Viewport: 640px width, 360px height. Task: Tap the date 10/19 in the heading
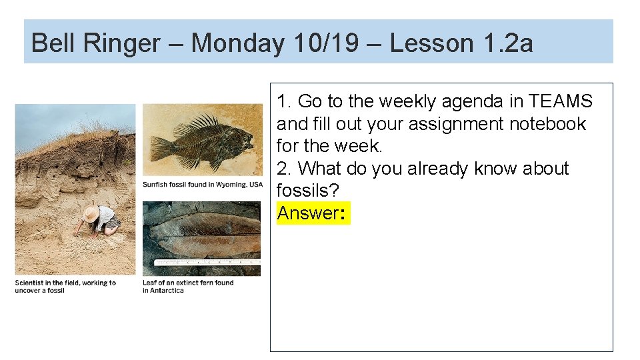pyautogui.click(x=325, y=43)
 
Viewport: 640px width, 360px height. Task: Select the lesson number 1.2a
pyautogui.click(x=507, y=43)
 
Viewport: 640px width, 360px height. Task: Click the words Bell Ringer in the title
pyautogui.click(x=95, y=43)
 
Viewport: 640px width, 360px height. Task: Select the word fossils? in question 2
pyautogui.click(x=308, y=191)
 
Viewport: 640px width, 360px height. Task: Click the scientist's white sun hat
pyautogui.click(x=91, y=213)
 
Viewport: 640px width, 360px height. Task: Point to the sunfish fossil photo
pyautogui.click(x=203, y=141)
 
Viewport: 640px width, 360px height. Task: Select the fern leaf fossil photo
pyautogui.click(x=202, y=238)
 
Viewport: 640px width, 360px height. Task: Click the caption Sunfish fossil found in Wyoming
pyautogui.click(x=203, y=185)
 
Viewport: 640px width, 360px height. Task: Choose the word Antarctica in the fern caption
pyautogui.click(x=167, y=291)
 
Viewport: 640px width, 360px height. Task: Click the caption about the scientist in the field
pyautogui.click(x=65, y=287)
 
